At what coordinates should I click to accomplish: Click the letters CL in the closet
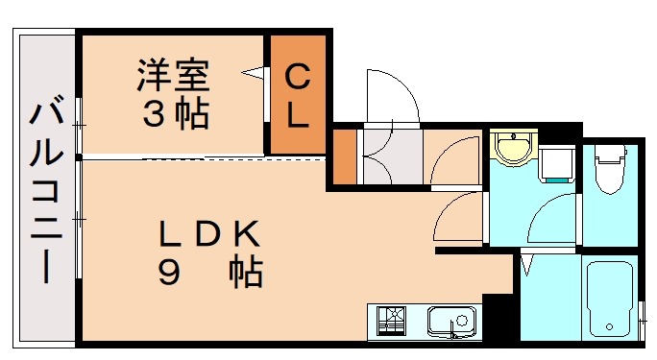pyautogui.click(x=298, y=95)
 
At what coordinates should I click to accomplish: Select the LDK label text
pyautogui.click(x=209, y=233)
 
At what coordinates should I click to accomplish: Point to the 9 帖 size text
pyautogui.click(x=210, y=274)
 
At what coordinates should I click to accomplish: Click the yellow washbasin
pyautogui.click(x=511, y=149)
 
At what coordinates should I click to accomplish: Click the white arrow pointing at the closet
pyautogui.click(x=255, y=72)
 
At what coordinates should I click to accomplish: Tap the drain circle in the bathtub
pyautogui.click(x=609, y=327)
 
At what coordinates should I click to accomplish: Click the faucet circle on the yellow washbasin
pyautogui.click(x=511, y=137)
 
